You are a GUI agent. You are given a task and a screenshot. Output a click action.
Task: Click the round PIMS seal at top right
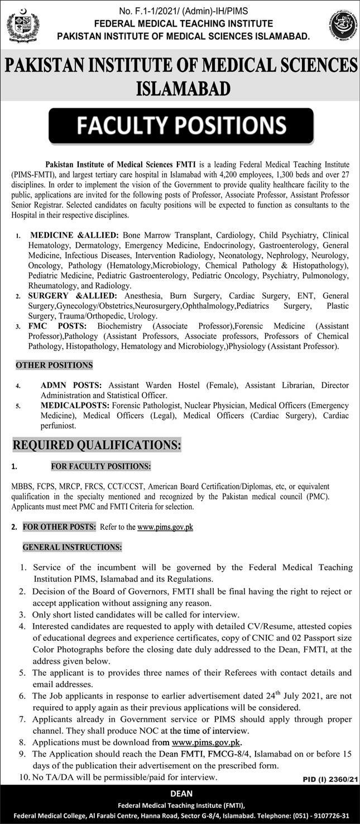[x=340, y=26]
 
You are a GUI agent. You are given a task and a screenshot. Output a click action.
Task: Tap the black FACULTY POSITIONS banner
[x=181, y=126]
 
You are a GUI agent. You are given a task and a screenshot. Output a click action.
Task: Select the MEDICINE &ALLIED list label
[x=74, y=235]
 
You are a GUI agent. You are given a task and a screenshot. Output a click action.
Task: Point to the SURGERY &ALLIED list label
[x=73, y=295]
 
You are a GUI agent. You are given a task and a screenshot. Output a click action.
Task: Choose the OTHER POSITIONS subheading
[x=54, y=365]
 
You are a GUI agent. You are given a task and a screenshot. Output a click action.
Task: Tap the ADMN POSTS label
[x=71, y=385]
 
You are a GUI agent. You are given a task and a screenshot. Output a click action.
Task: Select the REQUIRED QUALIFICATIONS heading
[x=97, y=445]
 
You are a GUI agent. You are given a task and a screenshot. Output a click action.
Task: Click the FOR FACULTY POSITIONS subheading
[x=100, y=466]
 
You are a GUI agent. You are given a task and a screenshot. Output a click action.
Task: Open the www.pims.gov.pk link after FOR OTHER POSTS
[x=165, y=526]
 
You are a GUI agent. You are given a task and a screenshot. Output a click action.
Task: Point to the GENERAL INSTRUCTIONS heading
[x=72, y=547]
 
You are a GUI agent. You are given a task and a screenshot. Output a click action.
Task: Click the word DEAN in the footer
[x=181, y=793]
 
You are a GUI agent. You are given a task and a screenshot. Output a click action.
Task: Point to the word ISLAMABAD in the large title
[x=183, y=88]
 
